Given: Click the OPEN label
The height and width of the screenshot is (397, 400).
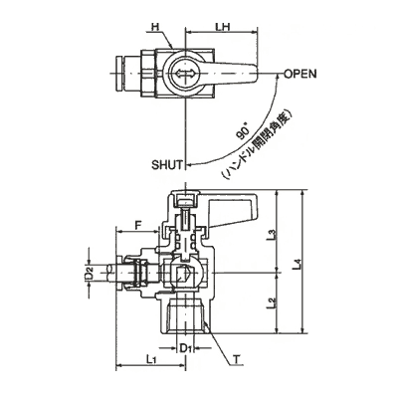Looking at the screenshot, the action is (300, 74).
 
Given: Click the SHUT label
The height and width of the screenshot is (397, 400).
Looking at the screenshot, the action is (167, 165).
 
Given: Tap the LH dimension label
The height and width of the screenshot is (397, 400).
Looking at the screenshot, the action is (223, 27).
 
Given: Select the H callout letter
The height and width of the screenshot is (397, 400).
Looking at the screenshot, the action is (154, 27).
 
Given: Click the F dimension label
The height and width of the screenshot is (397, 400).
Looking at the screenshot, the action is (138, 225).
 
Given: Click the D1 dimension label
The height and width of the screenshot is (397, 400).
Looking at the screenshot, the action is (185, 348).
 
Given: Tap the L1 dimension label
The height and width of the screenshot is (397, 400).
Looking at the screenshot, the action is (151, 359).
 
